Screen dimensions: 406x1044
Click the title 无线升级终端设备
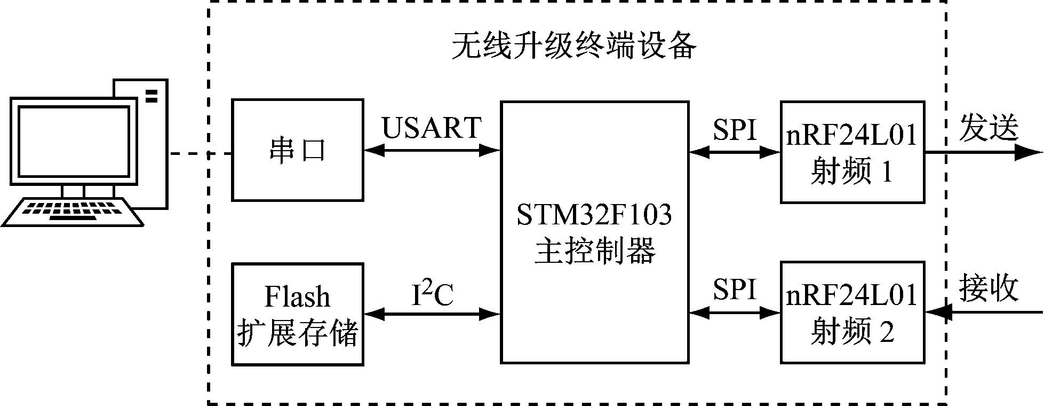pyautogui.click(x=573, y=47)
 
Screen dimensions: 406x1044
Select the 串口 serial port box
pyautogui.click(x=298, y=151)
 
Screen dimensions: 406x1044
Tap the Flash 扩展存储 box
pyautogui.click(x=298, y=315)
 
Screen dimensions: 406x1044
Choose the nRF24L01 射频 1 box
pyautogui.click(x=852, y=152)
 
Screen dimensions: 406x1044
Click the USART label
pyautogui.click(x=432, y=128)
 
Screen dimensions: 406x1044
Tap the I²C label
pyautogui.click(x=432, y=295)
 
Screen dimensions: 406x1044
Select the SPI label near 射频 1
pyautogui.click(x=735, y=130)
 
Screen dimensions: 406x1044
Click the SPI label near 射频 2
pyautogui.click(x=735, y=291)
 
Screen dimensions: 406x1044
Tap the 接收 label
pyautogui.click(x=989, y=289)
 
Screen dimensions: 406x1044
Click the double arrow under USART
pyautogui.click(x=432, y=151)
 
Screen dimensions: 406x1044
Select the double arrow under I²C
pyautogui.click(x=432, y=315)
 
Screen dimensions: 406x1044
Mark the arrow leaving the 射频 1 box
pyautogui.click(x=982, y=152)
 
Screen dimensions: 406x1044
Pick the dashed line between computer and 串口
pyautogui.click(x=200, y=154)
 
